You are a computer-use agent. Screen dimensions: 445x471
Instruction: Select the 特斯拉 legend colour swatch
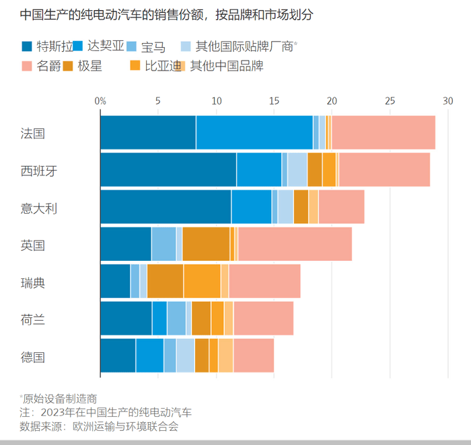27,46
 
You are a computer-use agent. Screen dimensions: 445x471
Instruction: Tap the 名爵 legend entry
47,66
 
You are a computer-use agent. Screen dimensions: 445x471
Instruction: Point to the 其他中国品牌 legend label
226,66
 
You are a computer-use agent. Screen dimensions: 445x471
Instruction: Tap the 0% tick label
101,101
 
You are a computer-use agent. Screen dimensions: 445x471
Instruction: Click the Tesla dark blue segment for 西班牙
168,169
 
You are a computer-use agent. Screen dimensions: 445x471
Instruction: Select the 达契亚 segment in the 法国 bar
254,132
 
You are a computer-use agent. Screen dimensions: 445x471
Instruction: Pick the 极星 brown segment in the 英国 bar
206,244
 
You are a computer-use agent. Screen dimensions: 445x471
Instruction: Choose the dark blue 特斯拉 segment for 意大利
166,207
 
